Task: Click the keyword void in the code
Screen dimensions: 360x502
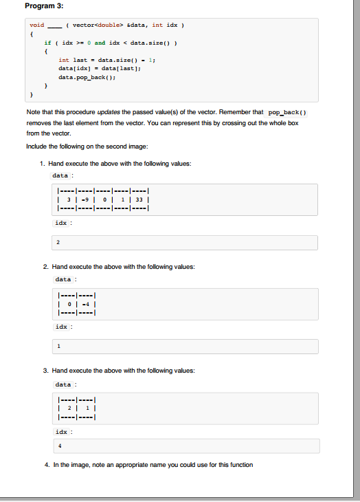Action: (x=36, y=25)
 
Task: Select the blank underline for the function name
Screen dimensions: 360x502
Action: (x=55, y=26)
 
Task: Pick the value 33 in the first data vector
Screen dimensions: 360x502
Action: (x=139, y=199)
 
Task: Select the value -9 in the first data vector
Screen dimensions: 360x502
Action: (x=87, y=199)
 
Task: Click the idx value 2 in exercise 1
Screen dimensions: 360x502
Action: (x=58, y=242)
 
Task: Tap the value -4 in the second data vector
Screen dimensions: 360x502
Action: (x=86, y=305)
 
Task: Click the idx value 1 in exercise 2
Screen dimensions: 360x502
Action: (x=58, y=346)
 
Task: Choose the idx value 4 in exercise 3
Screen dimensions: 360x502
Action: (x=58, y=445)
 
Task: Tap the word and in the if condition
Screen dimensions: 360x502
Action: (x=100, y=43)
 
